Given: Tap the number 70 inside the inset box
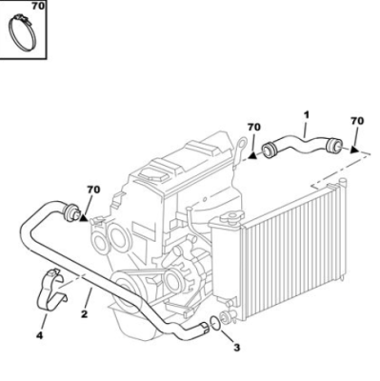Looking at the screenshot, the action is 38,6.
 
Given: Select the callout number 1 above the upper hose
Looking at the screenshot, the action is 306,114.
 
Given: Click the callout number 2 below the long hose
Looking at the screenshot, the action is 84,314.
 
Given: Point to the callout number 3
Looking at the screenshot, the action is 237,348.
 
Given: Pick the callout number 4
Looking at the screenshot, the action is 39,335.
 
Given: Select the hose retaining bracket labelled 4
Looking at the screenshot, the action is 50,291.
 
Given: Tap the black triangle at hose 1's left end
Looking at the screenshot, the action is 252,155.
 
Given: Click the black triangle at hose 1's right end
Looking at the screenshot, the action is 354,150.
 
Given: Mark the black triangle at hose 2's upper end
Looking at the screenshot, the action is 84,217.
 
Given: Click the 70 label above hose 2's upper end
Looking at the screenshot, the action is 93,190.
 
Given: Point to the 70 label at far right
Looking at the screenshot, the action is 357,121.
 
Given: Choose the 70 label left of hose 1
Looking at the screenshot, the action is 254,127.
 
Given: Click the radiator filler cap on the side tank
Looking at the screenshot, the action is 231,217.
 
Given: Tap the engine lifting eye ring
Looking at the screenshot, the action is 242,142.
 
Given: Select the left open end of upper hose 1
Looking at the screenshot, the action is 269,150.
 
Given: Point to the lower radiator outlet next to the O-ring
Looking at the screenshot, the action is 228,316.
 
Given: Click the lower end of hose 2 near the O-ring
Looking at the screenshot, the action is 203,329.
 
